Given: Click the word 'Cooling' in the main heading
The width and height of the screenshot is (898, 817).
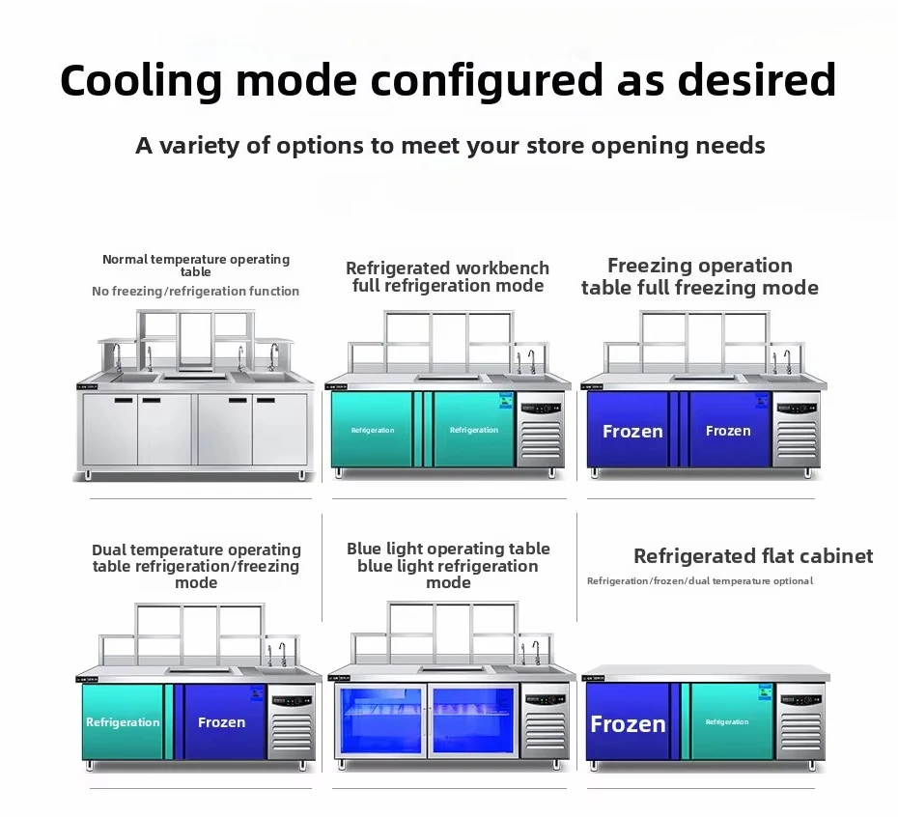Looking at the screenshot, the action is tap(141, 81).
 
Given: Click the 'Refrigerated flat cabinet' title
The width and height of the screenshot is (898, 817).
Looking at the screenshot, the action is tap(753, 555).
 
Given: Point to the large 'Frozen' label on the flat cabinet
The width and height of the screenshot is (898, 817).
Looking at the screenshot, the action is tap(628, 724).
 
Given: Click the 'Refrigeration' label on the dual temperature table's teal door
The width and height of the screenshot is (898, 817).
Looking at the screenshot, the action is tap(123, 722).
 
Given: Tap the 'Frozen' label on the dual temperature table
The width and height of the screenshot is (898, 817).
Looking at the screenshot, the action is tap(222, 722).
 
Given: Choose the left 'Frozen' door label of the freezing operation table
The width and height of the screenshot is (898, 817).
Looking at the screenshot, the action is tap(632, 432).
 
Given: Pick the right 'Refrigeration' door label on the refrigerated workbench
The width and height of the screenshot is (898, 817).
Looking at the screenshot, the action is tap(474, 430).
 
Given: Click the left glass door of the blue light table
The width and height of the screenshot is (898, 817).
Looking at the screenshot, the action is tap(381, 720).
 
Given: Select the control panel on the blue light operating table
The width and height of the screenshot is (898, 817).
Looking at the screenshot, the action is tap(544, 699).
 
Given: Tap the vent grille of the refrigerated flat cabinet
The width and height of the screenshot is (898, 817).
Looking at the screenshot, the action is tap(800, 734).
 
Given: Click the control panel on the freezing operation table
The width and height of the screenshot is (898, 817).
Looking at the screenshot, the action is tap(797, 408).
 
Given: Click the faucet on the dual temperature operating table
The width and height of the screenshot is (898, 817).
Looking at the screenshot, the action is tap(282, 654).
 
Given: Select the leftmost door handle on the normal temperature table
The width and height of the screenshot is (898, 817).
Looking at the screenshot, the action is tap(124, 400).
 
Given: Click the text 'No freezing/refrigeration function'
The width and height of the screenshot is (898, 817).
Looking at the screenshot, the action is tap(195, 291).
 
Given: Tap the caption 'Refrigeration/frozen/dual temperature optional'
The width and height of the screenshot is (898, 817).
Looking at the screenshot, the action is tap(700, 581).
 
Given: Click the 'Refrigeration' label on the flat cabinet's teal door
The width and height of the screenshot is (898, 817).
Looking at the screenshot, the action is tap(727, 722).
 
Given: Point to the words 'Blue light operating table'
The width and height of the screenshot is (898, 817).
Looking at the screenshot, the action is tap(448, 549).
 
